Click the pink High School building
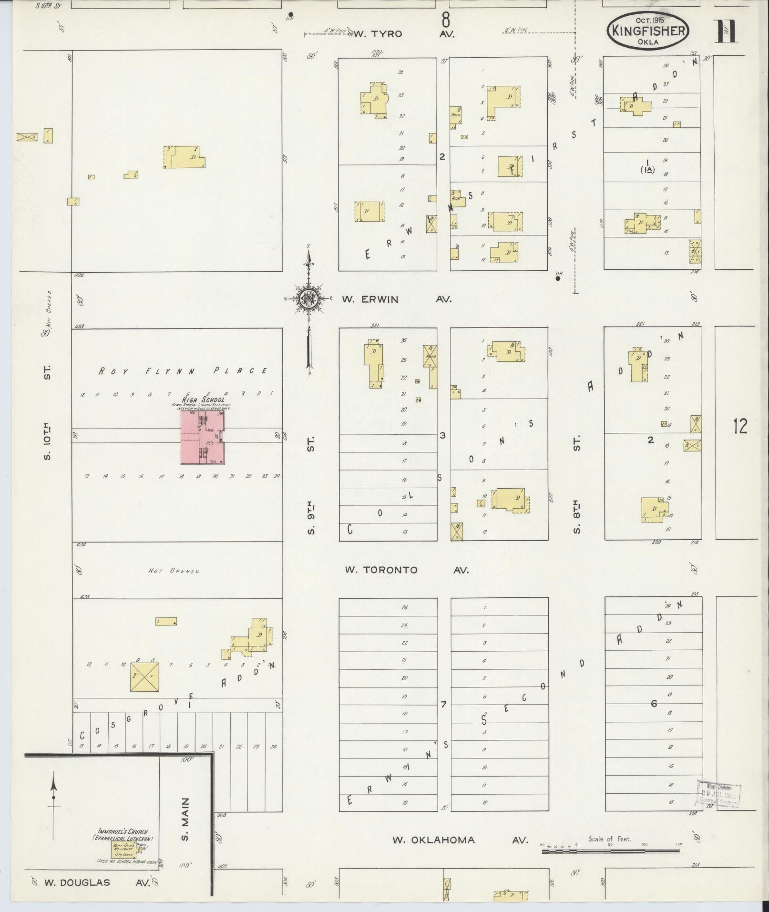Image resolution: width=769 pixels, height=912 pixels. pyautogui.click(x=203, y=437)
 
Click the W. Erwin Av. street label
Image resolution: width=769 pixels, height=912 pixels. pyautogui.click(x=396, y=299)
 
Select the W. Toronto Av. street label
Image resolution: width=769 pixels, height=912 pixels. pyautogui.click(x=408, y=570)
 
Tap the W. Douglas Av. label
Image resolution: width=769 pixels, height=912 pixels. pyautogui.click(x=97, y=882)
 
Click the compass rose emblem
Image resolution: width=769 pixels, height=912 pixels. pyautogui.click(x=308, y=299)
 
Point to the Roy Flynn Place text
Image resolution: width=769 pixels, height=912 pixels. pyautogui.click(x=183, y=370)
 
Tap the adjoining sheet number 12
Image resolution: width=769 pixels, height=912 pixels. pyautogui.click(x=740, y=426)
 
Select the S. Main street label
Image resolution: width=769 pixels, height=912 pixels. pyautogui.click(x=185, y=819)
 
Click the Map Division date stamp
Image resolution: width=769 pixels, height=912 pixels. pyautogui.click(x=719, y=795)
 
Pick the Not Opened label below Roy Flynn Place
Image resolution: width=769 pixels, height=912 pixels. pyautogui.click(x=174, y=570)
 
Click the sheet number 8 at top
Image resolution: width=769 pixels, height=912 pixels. pyautogui.click(x=446, y=21)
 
